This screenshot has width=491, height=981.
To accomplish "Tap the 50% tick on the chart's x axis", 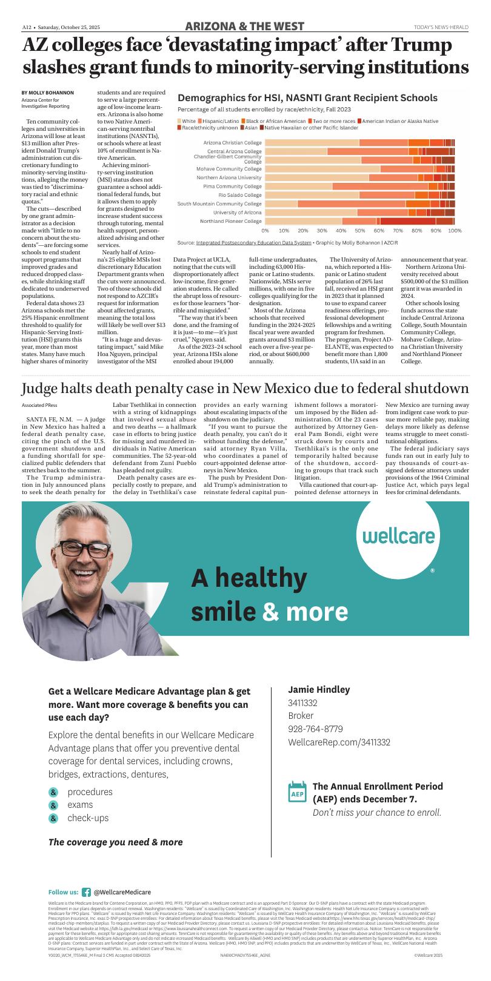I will (x=359, y=231).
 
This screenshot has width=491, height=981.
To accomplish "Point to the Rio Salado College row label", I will (x=240, y=195).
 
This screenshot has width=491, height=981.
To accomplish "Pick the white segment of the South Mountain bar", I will (x=281, y=203).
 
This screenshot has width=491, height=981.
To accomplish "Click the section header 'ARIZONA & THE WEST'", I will (x=245, y=27).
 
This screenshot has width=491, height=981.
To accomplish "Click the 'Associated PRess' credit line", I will (x=40, y=405).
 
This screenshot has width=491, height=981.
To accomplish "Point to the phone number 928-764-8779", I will (x=315, y=729).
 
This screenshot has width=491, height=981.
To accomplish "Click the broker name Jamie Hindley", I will (x=319, y=690).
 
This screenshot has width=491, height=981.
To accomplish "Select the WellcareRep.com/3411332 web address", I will (x=339, y=742).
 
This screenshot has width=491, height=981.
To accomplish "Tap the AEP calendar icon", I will (x=297, y=792).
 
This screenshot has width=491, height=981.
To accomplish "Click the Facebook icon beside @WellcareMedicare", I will (x=86, y=892).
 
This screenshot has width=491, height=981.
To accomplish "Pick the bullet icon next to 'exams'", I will (x=53, y=805).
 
